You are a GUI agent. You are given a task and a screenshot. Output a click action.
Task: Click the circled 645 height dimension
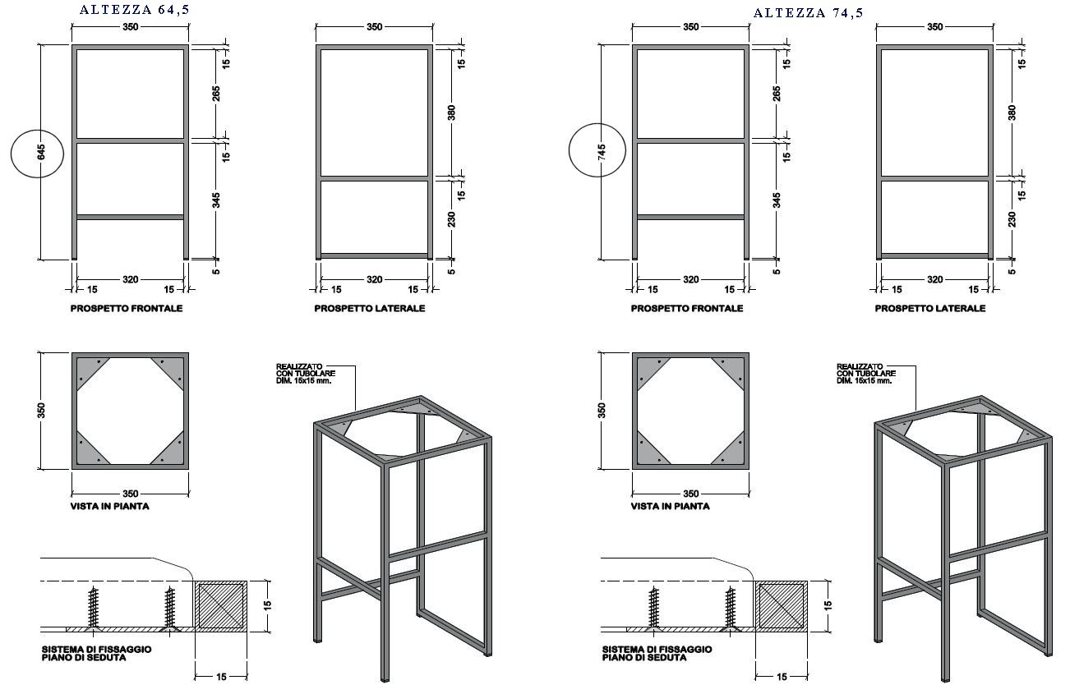tap(41, 152)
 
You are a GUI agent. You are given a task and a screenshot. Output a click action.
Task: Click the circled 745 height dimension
tap(602, 152)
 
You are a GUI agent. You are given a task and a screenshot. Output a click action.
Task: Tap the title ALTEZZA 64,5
tap(135, 10)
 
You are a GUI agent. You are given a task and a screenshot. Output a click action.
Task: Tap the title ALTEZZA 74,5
tap(808, 13)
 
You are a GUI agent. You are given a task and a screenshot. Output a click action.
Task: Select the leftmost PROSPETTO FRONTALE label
tap(127, 308)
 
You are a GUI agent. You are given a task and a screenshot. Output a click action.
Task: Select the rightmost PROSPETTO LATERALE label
tap(930, 308)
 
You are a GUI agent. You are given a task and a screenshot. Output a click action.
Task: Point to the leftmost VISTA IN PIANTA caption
tap(110, 506)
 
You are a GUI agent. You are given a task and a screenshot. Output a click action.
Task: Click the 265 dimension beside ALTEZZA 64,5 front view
tap(216, 94)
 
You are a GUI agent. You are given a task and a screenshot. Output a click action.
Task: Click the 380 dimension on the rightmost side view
tap(1012, 113)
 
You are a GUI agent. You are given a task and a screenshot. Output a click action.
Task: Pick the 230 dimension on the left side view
tap(451, 219)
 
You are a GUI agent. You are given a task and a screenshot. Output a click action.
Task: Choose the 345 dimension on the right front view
tap(777, 200)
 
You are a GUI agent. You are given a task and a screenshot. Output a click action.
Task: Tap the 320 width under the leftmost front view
tap(131, 279)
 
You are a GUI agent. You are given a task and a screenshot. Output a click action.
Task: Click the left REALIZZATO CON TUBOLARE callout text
tap(306, 374)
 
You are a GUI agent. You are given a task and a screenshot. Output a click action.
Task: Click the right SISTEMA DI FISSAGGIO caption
tap(657, 654)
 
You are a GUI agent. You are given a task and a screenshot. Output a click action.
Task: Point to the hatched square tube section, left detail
tap(220, 606)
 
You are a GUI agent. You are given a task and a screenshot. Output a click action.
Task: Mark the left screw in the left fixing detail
tap(93, 608)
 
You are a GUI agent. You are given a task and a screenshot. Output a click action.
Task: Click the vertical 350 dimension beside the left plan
tap(41, 411)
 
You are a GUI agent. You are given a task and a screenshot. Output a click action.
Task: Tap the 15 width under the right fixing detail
tap(782, 676)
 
